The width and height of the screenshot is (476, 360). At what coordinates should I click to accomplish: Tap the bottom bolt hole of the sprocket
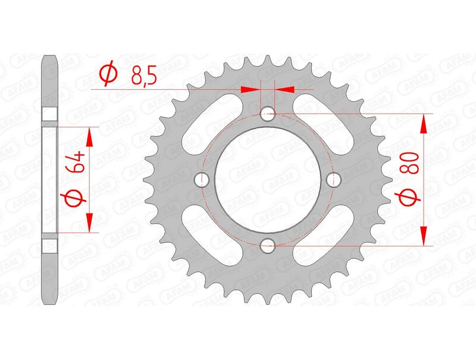(x=268, y=245)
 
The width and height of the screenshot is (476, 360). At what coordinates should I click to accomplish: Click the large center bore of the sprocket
(x=268, y=179)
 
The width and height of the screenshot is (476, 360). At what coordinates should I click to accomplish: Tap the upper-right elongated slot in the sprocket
(x=328, y=118)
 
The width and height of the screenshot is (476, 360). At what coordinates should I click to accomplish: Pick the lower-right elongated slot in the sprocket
(x=328, y=239)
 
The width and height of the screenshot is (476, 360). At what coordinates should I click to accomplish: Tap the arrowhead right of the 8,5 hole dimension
(x=284, y=89)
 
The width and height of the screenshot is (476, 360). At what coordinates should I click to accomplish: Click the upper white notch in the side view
(x=49, y=115)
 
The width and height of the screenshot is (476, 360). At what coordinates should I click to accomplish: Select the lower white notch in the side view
(x=49, y=244)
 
